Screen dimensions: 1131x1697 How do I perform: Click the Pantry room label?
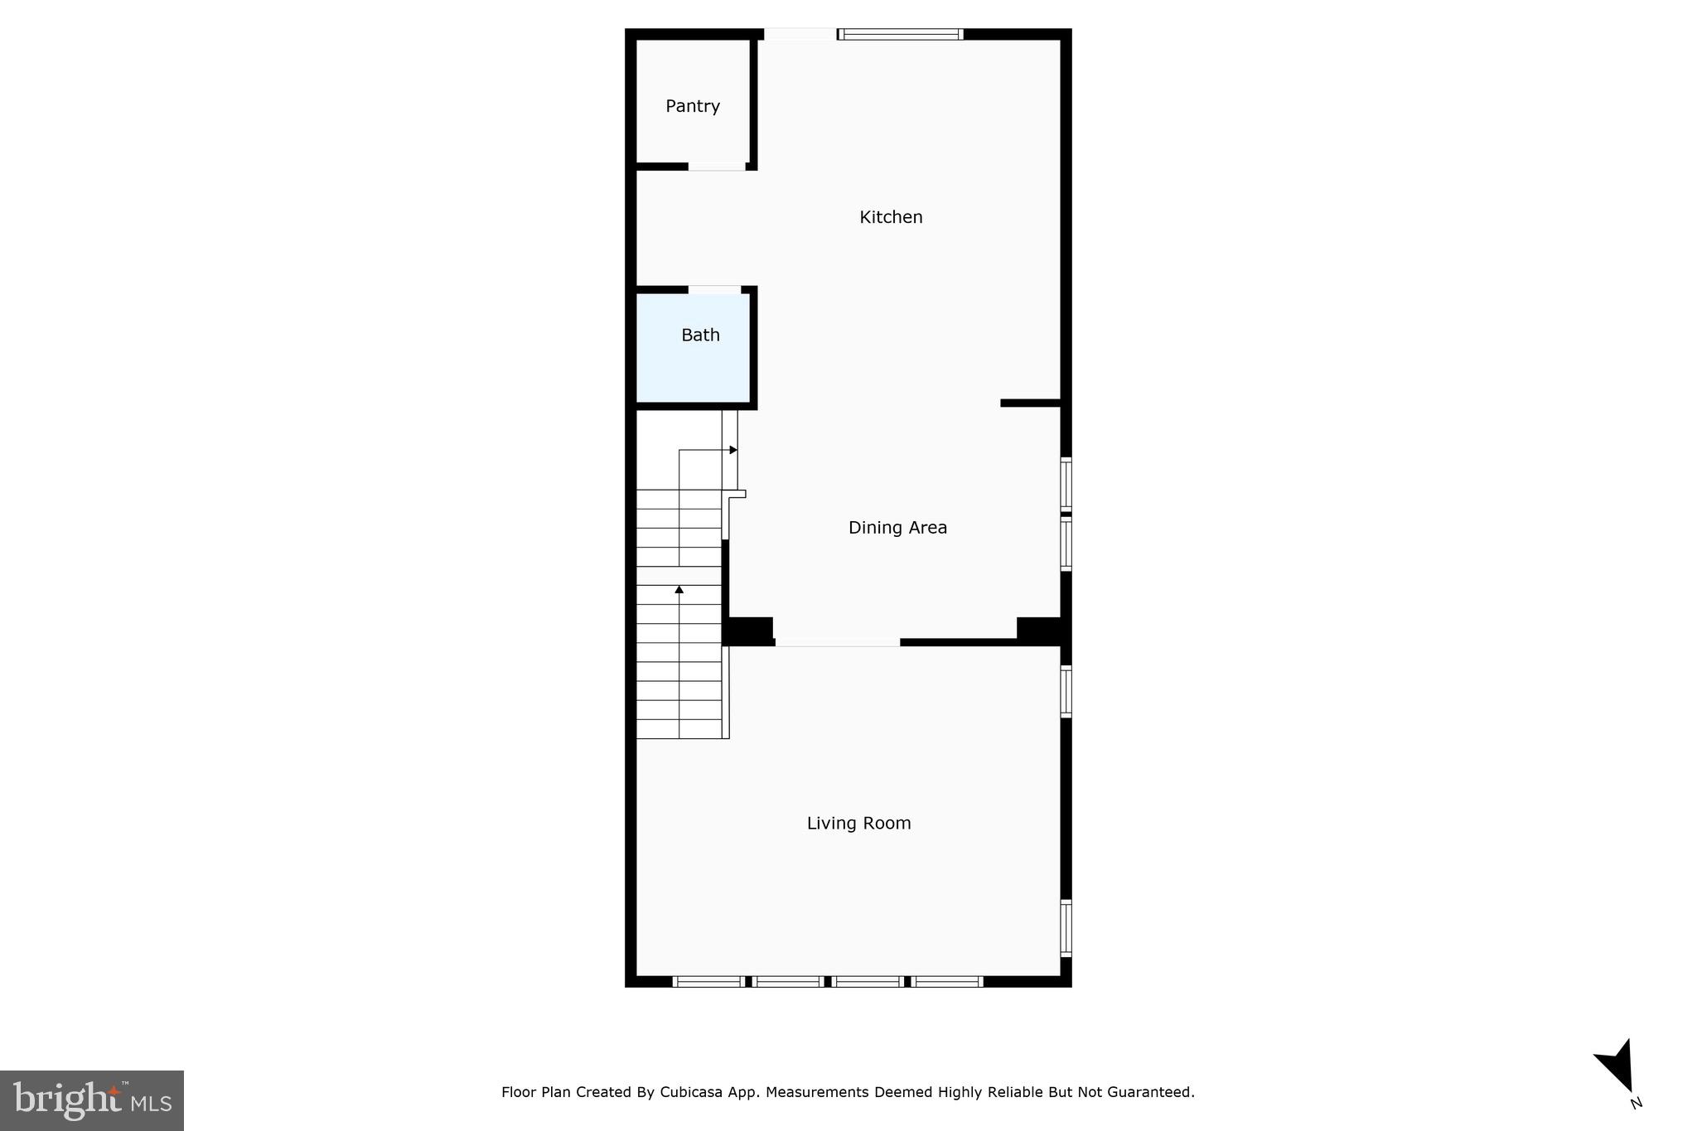click(693, 106)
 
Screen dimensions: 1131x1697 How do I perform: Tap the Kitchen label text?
click(891, 217)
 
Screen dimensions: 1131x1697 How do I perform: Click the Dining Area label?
click(897, 528)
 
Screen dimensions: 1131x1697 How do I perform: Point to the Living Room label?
click(858, 823)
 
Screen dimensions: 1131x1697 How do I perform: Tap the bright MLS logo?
click(92, 1100)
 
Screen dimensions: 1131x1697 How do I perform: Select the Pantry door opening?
click(717, 167)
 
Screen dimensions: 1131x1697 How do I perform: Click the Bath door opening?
click(714, 290)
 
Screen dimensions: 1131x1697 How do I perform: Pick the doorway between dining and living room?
click(837, 642)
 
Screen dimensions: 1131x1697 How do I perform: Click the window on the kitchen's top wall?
click(901, 35)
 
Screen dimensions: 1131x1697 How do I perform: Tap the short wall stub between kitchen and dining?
click(1030, 403)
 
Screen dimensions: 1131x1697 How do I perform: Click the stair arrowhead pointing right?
click(733, 450)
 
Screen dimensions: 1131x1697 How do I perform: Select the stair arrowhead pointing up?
click(679, 589)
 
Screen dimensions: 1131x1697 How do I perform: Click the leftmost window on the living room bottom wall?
click(708, 981)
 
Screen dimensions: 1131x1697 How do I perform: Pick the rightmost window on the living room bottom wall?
click(947, 981)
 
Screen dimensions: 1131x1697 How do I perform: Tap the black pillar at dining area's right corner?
click(1038, 629)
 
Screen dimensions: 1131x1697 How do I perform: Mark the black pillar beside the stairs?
click(749, 631)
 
